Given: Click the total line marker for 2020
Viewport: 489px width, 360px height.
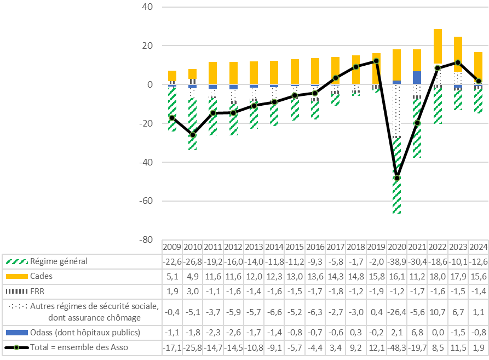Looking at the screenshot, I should tap(396, 178).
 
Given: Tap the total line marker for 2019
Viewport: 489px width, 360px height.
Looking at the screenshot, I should tap(376, 61).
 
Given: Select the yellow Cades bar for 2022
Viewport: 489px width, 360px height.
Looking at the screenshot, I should tap(438, 46).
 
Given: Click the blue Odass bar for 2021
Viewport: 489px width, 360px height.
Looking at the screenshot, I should tap(417, 77).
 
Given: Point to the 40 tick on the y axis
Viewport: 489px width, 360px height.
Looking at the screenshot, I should tap(147, 7).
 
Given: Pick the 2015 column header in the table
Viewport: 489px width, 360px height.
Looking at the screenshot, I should tap(295, 247).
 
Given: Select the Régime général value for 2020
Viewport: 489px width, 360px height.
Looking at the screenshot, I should tap(396, 261).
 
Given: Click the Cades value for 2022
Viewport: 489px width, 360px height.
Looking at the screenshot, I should tap(438, 276).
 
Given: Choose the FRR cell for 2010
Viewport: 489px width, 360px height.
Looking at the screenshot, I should tap(192, 290).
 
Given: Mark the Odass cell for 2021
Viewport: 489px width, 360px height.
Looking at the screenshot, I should tap(417, 332).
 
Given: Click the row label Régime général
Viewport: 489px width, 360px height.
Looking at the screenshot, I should tap(60, 261).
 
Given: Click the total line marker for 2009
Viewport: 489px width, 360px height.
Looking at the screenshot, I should tap(172, 118).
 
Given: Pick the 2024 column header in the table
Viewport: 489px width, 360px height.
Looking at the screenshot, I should tap(478, 247).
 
